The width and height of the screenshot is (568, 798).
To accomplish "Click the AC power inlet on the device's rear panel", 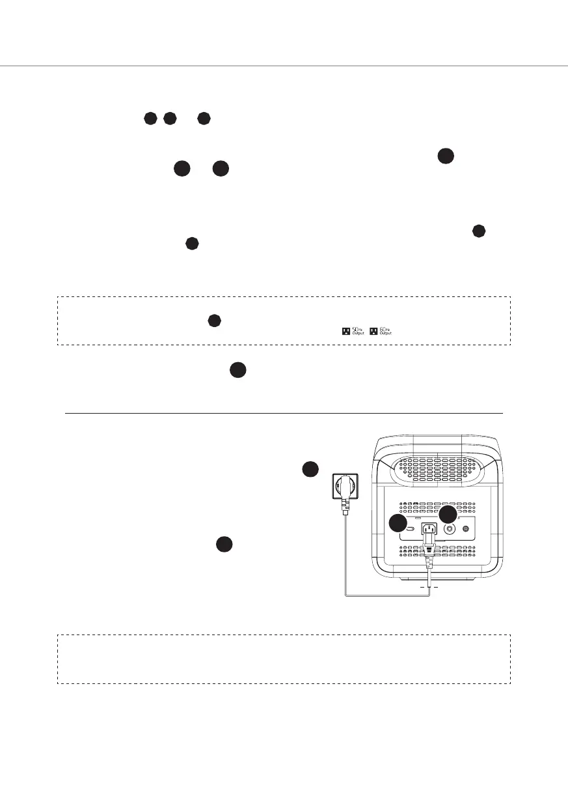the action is pyautogui.click(x=427, y=530).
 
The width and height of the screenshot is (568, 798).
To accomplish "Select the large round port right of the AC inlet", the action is pyautogui.click(x=449, y=530).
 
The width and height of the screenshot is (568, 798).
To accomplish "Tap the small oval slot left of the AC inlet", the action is pyautogui.click(x=411, y=530).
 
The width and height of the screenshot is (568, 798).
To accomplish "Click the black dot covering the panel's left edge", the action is pyautogui.click(x=398, y=524).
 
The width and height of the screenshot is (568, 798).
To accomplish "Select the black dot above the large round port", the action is pyautogui.click(x=448, y=515).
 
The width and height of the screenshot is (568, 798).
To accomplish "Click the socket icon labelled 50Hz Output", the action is pyautogui.click(x=345, y=332).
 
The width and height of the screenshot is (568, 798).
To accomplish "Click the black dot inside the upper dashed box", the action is pyautogui.click(x=214, y=321).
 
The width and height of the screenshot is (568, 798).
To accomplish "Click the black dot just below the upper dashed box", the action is pyautogui.click(x=238, y=370).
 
